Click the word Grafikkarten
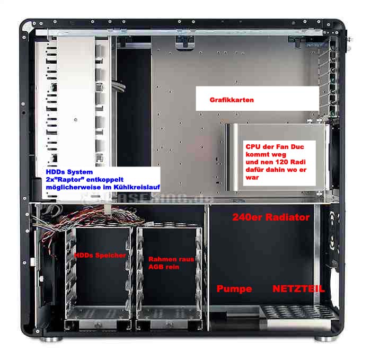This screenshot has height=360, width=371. click(x=232, y=100)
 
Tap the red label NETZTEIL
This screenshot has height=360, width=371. click(x=298, y=289)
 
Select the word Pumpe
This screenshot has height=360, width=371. click(x=234, y=289)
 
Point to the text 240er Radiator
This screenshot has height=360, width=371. click(x=271, y=217)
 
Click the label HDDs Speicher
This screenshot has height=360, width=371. click(x=100, y=256)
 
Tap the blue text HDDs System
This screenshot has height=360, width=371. click(x=69, y=172)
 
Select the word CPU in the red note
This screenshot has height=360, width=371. click(x=252, y=146)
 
